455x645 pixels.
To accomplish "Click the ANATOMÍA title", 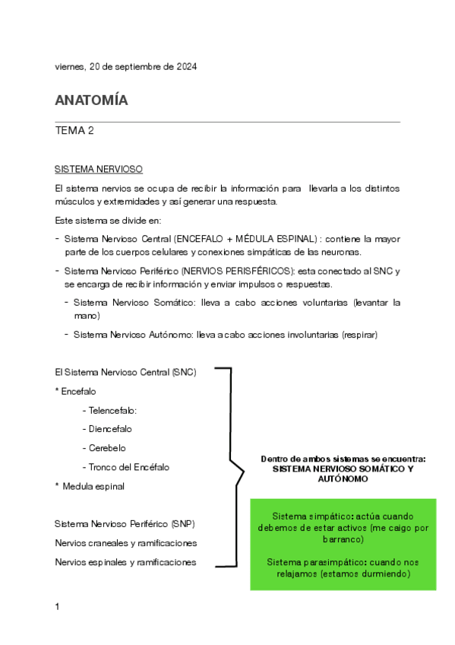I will [x=91, y=100].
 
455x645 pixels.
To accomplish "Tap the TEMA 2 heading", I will [x=74, y=131].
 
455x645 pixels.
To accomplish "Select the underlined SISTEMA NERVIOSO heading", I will [x=99, y=168].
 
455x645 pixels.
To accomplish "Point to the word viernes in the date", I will [x=69, y=67].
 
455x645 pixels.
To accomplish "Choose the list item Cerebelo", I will [x=106, y=448].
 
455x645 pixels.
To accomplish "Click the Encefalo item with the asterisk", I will [x=78, y=391].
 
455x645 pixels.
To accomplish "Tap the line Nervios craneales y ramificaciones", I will [x=126, y=543].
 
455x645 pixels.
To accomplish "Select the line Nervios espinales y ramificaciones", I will [x=126, y=562].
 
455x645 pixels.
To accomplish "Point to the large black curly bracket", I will [x=235, y=467].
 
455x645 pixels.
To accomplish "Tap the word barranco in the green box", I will [x=343, y=539].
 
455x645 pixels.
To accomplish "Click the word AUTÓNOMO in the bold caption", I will [x=343, y=479].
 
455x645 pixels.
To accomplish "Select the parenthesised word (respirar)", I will [x=359, y=334].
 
